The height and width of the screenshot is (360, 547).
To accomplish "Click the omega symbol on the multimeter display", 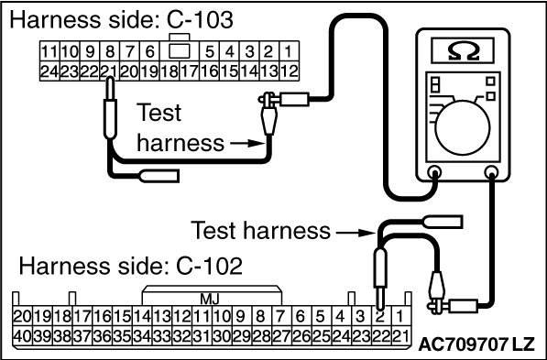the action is (x=463, y=51).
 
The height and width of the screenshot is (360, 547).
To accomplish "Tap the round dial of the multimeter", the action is (x=463, y=128).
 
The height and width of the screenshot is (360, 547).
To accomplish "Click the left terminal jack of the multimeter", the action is (x=434, y=172).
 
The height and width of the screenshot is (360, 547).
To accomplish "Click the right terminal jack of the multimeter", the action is (x=491, y=171).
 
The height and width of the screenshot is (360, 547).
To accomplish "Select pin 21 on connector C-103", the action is (x=110, y=71).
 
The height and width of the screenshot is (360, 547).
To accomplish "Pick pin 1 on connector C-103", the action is (x=289, y=51).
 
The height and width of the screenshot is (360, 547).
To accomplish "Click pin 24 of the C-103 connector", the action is (x=49, y=71).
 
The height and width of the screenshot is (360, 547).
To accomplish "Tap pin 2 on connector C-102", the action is (x=381, y=317).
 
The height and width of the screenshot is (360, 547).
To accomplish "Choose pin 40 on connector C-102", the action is (x=23, y=336).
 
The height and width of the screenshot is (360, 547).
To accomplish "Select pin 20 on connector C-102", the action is (x=23, y=317).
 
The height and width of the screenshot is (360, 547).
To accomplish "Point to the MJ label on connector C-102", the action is (x=210, y=300).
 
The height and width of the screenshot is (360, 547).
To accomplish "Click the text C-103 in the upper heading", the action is (x=200, y=19).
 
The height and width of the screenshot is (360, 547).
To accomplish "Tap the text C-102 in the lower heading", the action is (x=209, y=266).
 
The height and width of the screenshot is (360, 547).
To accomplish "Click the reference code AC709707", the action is (x=462, y=344).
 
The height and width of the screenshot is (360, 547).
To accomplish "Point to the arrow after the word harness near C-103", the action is (x=246, y=143).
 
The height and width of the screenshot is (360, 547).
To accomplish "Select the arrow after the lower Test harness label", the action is (x=356, y=232).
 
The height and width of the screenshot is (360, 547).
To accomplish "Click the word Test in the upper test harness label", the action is (x=159, y=113).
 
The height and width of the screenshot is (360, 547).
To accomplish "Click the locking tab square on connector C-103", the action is (x=180, y=51).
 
